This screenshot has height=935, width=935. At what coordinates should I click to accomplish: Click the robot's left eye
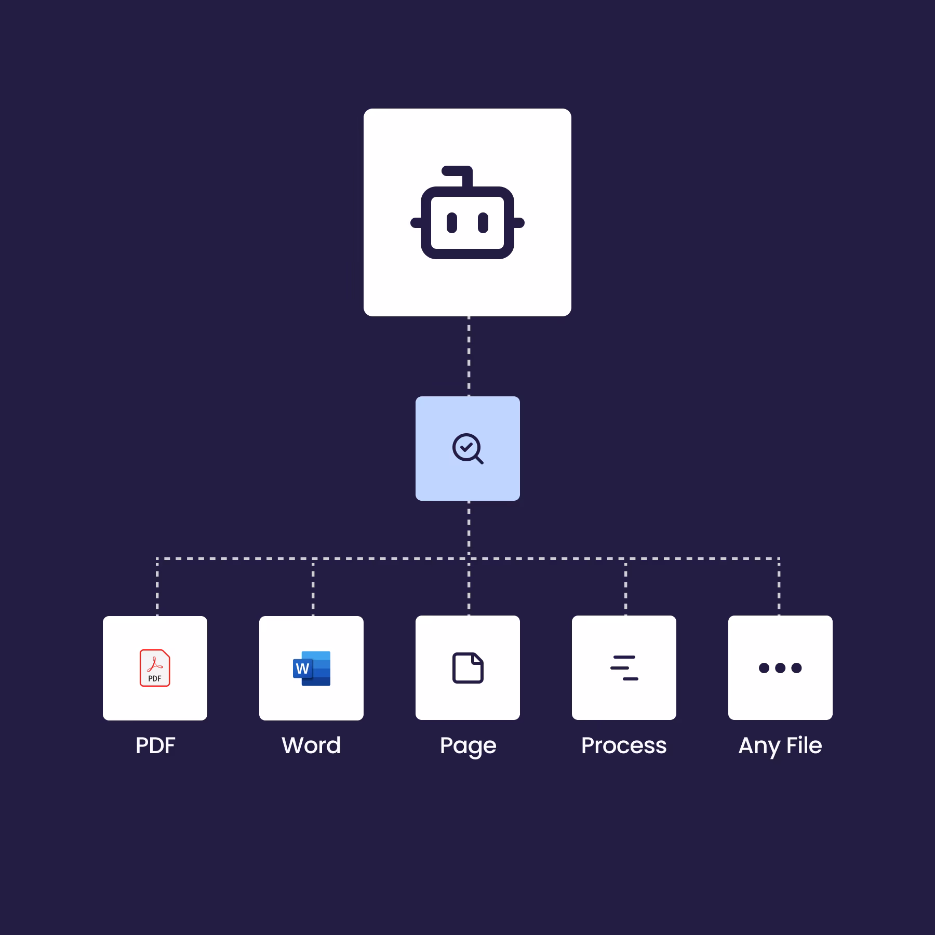click(452, 223)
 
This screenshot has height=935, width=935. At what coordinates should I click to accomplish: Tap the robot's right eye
click(483, 223)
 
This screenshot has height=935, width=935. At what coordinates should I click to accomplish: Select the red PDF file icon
click(155, 668)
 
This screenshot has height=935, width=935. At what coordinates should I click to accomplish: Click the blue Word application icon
click(312, 668)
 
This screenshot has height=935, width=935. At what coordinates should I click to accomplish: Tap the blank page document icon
click(468, 668)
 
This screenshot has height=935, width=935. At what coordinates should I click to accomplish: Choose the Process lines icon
click(624, 668)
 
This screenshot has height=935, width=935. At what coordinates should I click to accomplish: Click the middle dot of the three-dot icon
click(780, 668)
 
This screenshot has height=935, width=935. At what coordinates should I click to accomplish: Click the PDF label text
click(155, 745)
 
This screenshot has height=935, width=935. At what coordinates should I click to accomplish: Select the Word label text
click(311, 745)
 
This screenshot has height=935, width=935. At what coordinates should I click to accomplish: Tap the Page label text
click(468, 747)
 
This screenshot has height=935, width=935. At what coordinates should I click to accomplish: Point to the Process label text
click(624, 745)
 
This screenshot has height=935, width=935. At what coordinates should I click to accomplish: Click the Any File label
click(780, 747)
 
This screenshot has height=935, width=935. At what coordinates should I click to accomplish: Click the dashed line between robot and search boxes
click(469, 356)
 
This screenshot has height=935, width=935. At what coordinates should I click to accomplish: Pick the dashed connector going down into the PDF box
click(157, 587)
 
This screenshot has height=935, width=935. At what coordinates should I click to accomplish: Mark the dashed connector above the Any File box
click(779, 587)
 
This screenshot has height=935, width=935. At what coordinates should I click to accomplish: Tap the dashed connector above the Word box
click(313, 587)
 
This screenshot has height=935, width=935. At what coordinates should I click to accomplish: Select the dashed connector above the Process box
click(625, 587)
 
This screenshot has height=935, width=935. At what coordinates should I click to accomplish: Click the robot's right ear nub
click(519, 223)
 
